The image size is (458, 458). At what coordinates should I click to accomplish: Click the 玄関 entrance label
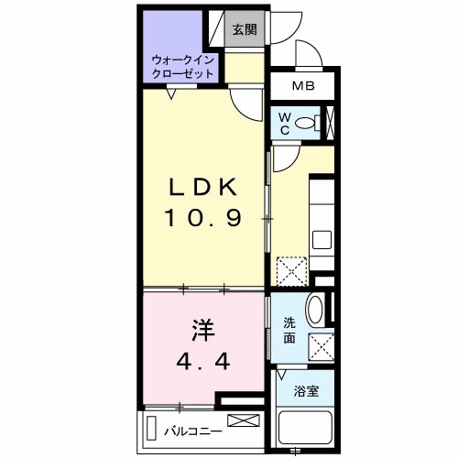pos(245,29)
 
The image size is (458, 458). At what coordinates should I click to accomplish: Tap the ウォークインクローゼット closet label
pos(182,67)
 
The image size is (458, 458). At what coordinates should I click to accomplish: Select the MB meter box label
pos(303,86)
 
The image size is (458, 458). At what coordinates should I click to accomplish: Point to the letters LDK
pos(203,187)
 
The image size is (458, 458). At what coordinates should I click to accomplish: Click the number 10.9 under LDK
pos(203,218)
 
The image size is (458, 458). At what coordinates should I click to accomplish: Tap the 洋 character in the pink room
pos(203,331)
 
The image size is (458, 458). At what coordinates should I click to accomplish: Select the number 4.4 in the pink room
pos(203,362)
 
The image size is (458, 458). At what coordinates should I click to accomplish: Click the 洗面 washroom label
pos(289,331)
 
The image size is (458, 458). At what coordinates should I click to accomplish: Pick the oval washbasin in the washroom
pos(315,310)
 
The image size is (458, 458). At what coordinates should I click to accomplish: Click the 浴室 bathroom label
pos(306,391)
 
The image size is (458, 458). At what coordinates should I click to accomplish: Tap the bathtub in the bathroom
pos(305,428)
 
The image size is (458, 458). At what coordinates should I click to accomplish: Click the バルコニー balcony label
pos(193,431)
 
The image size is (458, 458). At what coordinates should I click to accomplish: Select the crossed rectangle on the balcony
pos(244,420)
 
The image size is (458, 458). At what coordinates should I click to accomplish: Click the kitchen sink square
pos(322,240)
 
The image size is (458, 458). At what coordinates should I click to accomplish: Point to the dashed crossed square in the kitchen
pos(291,272)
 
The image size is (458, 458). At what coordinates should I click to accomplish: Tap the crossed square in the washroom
pos(322,347)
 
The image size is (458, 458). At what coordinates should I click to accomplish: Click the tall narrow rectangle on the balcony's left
pos(151,428)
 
